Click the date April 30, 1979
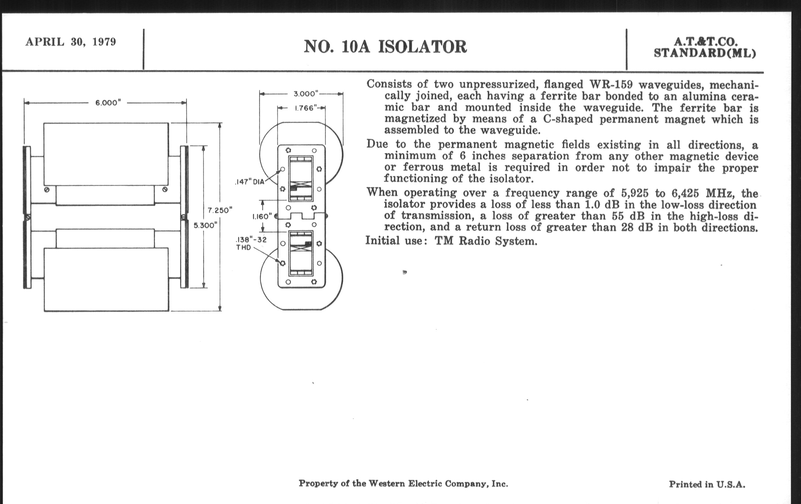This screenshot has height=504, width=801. click(x=70, y=42)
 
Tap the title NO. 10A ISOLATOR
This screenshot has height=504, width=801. click(x=385, y=47)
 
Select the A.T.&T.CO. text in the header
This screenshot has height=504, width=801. click(x=705, y=42)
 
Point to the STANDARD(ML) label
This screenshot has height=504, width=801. click(x=705, y=54)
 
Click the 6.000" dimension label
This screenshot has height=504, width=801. click(x=106, y=103)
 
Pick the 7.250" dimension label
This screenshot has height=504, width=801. click(x=220, y=210)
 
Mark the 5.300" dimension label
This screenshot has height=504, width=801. click(x=206, y=225)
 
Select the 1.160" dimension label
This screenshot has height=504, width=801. click(x=262, y=216)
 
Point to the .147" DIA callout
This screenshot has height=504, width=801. click(x=249, y=182)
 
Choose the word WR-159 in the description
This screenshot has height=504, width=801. click(x=609, y=85)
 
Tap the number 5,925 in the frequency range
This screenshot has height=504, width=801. click(x=635, y=193)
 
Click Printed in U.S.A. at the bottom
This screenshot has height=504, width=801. click(x=707, y=484)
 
